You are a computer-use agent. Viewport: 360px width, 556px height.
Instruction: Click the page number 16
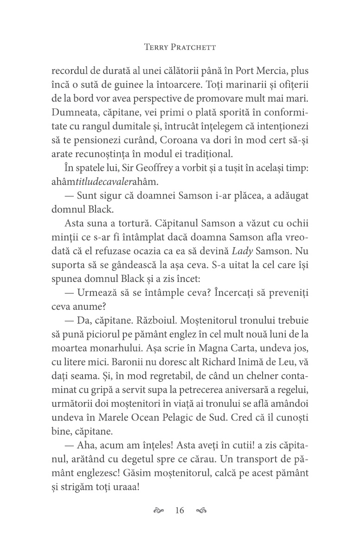tap(180, 511)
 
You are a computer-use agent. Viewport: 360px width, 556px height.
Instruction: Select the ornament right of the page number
tap(201, 511)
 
